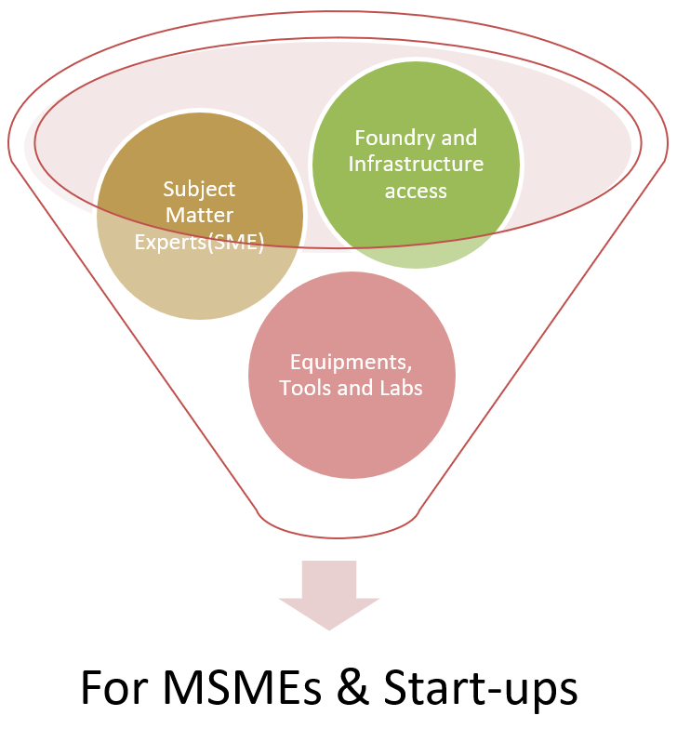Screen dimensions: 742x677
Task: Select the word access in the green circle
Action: pos(417,192)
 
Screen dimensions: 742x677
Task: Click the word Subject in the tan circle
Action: pos(200,190)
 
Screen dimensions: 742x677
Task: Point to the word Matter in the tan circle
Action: pos(200,217)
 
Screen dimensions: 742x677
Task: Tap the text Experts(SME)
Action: pos(200,244)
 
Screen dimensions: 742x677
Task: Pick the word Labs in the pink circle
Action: pos(399,387)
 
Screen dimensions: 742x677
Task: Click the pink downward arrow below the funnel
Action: pos(329,595)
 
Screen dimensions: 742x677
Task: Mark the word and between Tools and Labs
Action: pos(353,387)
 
